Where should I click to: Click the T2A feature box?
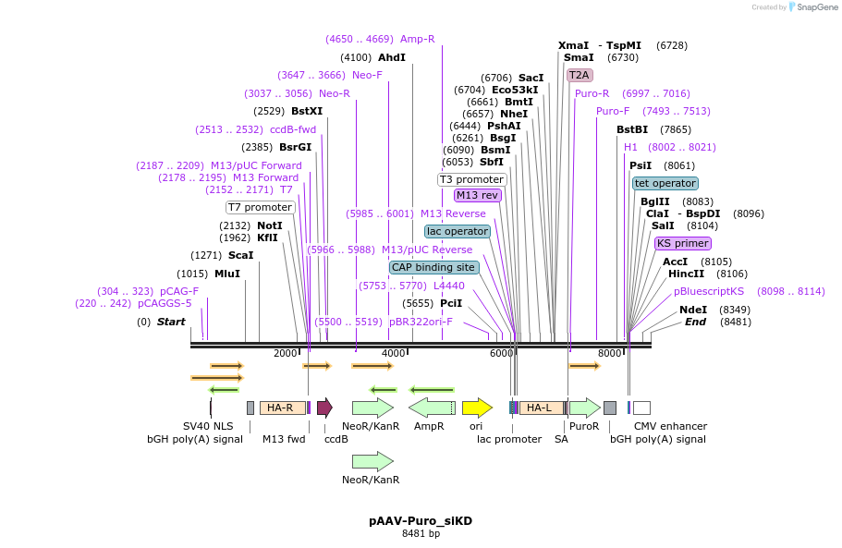(x=580, y=75)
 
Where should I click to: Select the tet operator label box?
(x=665, y=183)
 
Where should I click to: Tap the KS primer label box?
(x=683, y=244)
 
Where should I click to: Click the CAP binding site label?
(x=433, y=267)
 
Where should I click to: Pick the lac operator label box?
(x=457, y=231)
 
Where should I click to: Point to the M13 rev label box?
(x=478, y=195)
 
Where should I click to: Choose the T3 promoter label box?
(x=472, y=179)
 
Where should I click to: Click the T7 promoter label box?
(x=260, y=207)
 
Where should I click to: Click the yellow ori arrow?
(x=477, y=408)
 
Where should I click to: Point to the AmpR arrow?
(x=432, y=408)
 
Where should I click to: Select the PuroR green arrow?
(x=584, y=408)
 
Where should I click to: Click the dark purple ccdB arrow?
(x=324, y=408)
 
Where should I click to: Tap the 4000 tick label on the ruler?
(x=394, y=354)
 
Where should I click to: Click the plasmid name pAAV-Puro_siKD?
(x=421, y=521)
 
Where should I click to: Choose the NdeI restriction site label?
(x=693, y=310)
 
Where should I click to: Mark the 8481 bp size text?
(x=421, y=534)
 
